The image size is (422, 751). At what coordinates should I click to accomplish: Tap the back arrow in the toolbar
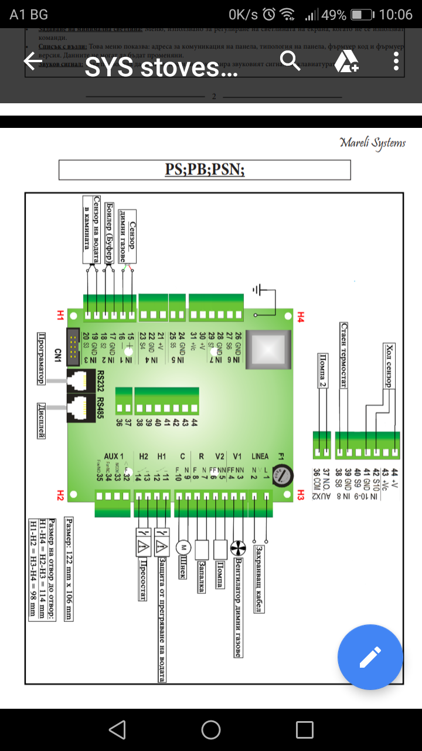tap(33, 62)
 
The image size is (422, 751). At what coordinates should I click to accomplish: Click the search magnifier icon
tap(290, 60)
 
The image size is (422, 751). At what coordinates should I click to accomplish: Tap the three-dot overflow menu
tap(397, 61)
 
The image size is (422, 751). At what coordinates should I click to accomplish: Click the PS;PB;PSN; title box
tap(205, 170)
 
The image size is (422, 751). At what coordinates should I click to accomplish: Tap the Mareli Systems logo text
tap(372, 143)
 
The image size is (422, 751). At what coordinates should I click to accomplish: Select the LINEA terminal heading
tap(260, 456)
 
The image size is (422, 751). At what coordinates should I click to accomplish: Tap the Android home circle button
tap(211, 730)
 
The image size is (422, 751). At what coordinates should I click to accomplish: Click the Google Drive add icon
tap(346, 62)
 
